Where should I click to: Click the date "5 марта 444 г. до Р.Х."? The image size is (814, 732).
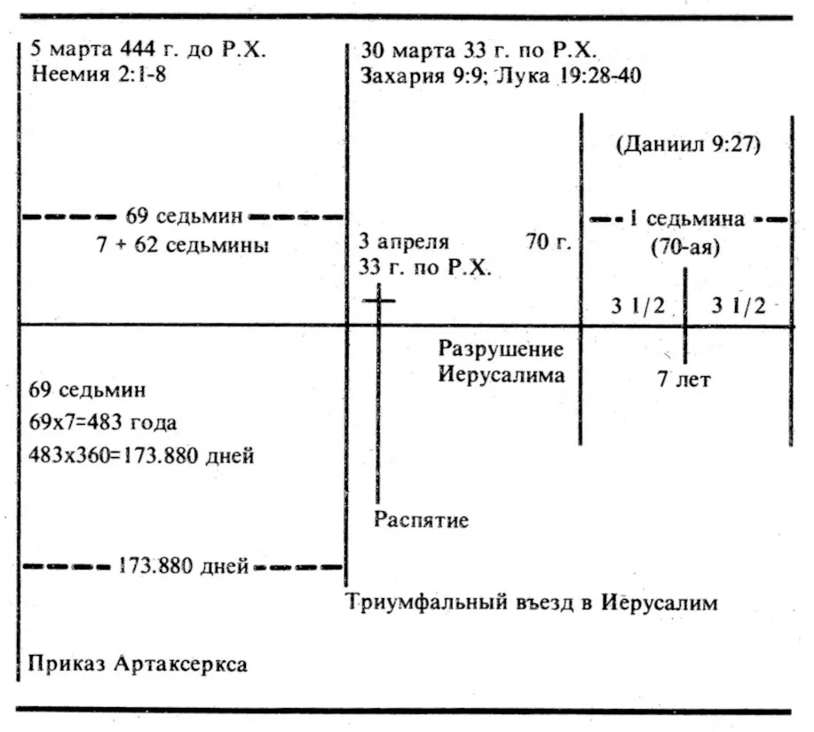[x=148, y=50]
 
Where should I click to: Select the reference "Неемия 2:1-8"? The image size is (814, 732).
[x=99, y=75]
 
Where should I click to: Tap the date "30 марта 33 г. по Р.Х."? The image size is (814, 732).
[x=478, y=51]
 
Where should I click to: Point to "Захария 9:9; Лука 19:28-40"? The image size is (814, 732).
[x=501, y=75]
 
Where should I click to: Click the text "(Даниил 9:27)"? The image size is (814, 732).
[x=688, y=145]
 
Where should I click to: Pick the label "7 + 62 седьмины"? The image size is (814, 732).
[x=183, y=244]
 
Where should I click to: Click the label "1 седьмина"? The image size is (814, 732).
[x=687, y=219]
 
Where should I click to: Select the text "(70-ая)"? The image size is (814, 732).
[x=686, y=247]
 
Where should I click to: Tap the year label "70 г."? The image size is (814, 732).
[x=549, y=241]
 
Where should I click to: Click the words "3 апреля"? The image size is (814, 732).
[x=404, y=241]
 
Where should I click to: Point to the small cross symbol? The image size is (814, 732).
[x=378, y=301]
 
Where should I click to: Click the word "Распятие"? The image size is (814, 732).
[x=421, y=519]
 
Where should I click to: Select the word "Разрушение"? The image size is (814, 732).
[x=501, y=349]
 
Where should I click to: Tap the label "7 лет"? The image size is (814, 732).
[x=684, y=379]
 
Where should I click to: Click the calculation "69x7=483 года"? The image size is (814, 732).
[x=103, y=422]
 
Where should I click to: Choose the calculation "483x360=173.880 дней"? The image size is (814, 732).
[x=141, y=455]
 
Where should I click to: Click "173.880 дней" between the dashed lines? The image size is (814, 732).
[x=183, y=565]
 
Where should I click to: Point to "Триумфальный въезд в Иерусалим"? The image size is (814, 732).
[x=532, y=602]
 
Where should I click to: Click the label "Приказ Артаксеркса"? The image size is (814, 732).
[x=138, y=664]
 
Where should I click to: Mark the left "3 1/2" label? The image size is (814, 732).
[x=637, y=306]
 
